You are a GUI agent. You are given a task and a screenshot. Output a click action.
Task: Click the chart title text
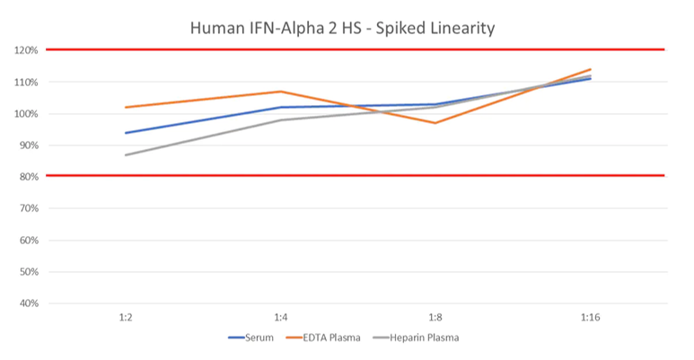point(343,28)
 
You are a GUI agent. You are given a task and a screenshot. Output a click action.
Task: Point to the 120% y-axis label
point(26,50)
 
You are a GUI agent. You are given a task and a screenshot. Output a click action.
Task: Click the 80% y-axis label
point(28,177)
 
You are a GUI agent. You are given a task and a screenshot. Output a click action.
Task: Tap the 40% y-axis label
point(28,303)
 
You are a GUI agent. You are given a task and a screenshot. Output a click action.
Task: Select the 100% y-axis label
point(26,114)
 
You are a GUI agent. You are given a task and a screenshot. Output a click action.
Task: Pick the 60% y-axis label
point(28,241)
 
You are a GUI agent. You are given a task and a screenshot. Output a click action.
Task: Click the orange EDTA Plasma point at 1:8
point(435,123)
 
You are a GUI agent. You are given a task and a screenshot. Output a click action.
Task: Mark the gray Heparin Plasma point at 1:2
point(125,155)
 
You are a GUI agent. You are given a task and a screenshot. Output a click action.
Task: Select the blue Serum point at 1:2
point(125,133)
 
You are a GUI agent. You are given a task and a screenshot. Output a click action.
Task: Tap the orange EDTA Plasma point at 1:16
point(590,69)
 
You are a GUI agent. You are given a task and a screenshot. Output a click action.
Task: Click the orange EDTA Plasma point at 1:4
point(280,92)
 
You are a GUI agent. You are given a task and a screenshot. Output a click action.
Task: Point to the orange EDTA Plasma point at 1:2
point(125,108)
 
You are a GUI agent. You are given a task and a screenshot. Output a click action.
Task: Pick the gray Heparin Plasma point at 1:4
point(280,120)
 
